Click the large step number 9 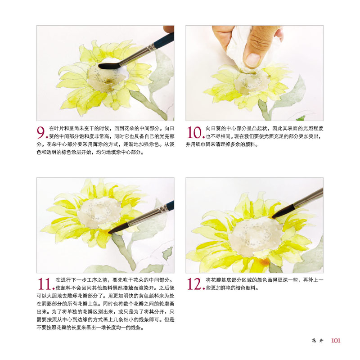pos(41,132)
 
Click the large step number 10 pos(194,132)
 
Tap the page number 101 pos(335,340)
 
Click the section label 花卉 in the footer pos(318,341)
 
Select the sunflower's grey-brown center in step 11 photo pos(99,212)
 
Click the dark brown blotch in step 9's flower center pos(108,81)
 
